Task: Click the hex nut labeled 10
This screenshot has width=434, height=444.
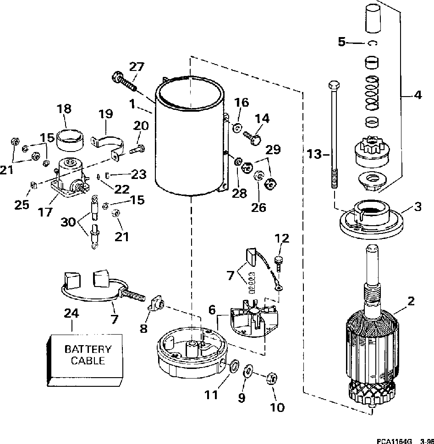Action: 271,378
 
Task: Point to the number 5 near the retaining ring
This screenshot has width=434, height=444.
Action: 342,42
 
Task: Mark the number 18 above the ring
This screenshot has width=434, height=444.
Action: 64,109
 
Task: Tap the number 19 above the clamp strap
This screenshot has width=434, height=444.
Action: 106,113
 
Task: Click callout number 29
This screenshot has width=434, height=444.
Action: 274,150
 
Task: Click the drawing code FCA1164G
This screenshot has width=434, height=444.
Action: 395,441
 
